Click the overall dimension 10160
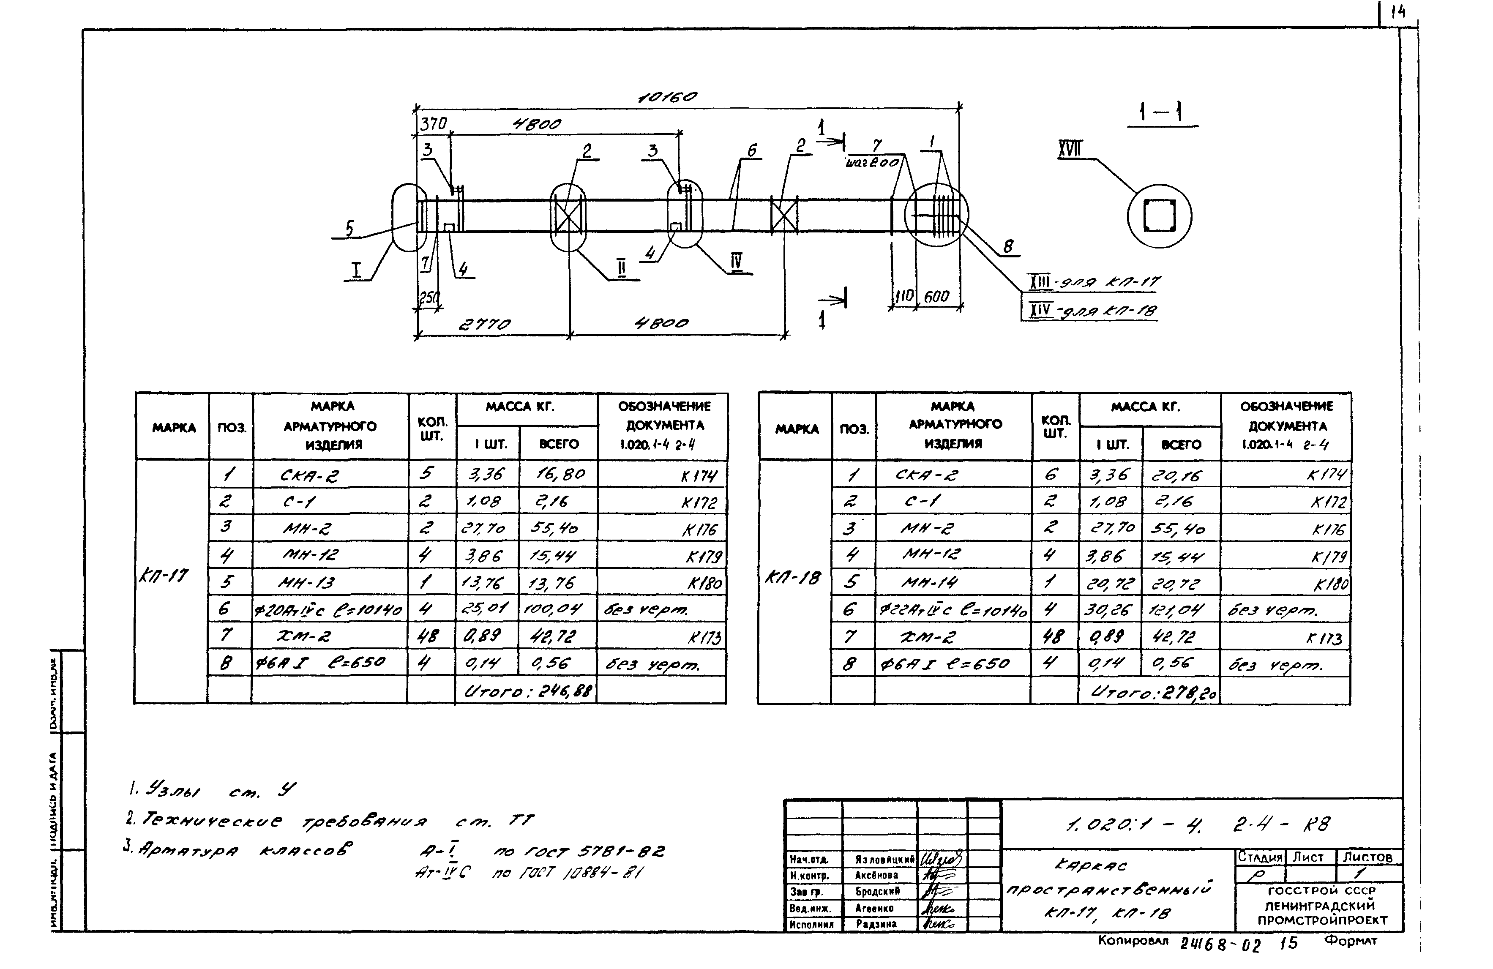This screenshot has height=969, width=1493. coord(667,97)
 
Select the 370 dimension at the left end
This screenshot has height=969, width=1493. coord(433,124)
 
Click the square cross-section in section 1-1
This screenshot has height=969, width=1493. coord(1159,216)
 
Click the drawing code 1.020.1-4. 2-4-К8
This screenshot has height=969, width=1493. coord(1198,824)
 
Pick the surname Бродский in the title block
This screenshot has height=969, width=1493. coord(878,891)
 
